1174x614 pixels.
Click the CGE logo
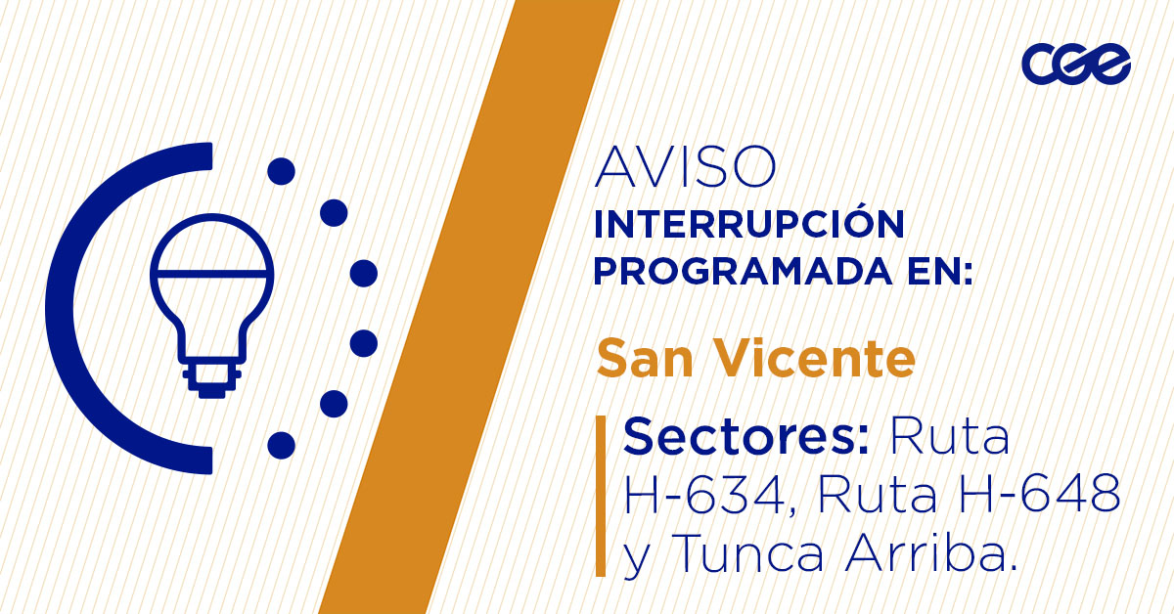point(1076,65)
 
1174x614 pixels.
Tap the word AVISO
point(686,167)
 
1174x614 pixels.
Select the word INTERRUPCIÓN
point(748,224)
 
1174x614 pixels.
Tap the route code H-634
point(704,497)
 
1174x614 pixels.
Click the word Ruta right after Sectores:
point(948,436)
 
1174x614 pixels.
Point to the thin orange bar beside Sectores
point(601,496)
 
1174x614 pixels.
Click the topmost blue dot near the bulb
point(281,172)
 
